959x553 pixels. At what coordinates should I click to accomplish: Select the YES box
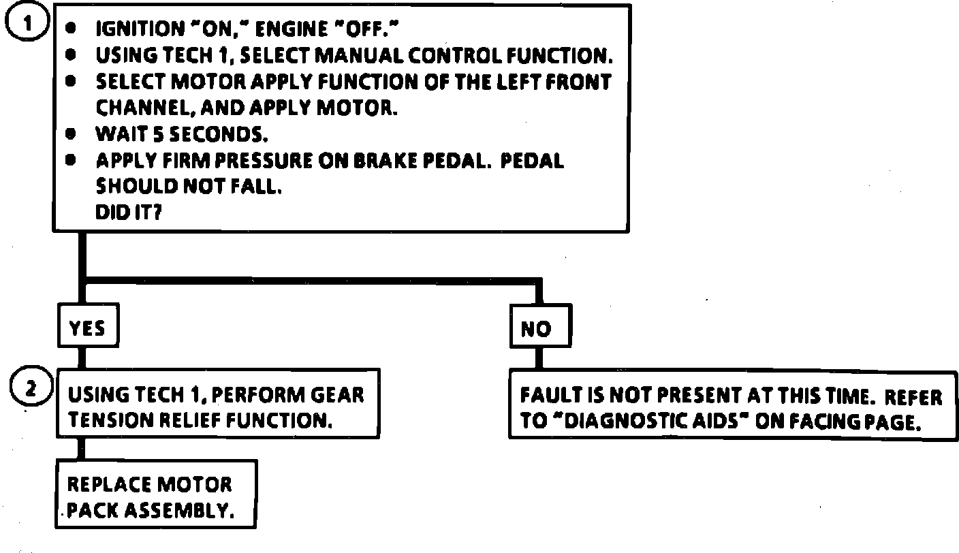coord(87,329)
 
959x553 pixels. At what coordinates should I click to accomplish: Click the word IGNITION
coord(137,29)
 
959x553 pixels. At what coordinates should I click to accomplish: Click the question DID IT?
coord(129,212)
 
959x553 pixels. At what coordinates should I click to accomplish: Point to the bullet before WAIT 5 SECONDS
coord(71,134)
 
